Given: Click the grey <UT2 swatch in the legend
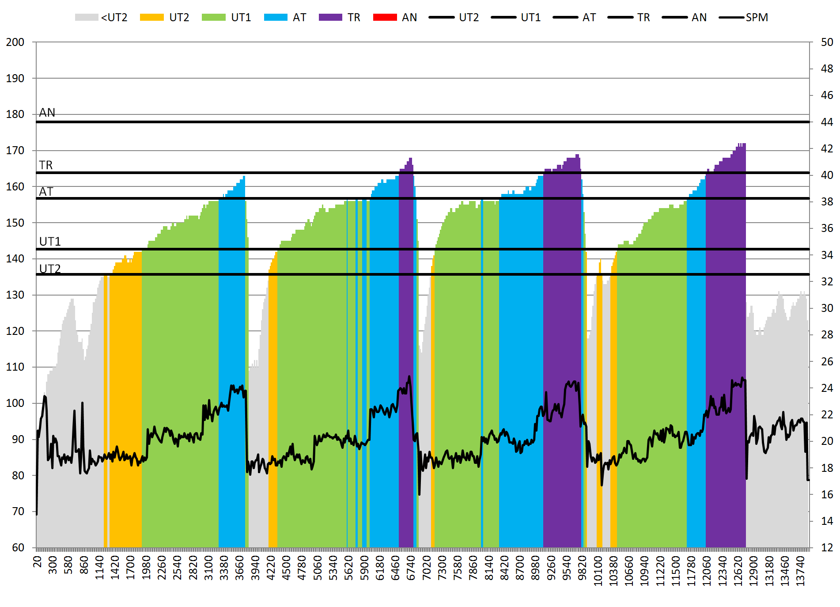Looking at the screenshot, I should click(x=86, y=17).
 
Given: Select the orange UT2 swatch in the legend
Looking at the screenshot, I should click(x=151, y=17).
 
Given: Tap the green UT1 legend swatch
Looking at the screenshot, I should click(x=213, y=17).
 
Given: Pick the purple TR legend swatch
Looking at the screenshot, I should click(x=330, y=17).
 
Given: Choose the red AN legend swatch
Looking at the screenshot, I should click(x=385, y=17).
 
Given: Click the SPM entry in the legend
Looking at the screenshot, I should click(x=744, y=17).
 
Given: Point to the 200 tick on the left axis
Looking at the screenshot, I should click(x=15, y=42).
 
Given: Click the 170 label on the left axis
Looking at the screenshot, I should click(x=15, y=151).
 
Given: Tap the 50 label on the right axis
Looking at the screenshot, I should click(x=827, y=42).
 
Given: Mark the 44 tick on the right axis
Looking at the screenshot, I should click(x=827, y=122).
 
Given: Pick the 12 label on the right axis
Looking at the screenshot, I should click(x=827, y=548).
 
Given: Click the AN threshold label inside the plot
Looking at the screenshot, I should click(x=47, y=113).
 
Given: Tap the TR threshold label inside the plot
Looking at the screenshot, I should click(x=46, y=165).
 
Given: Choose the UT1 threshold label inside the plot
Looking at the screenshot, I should click(x=50, y=242).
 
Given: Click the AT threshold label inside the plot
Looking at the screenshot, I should click(x=46, y=192).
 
